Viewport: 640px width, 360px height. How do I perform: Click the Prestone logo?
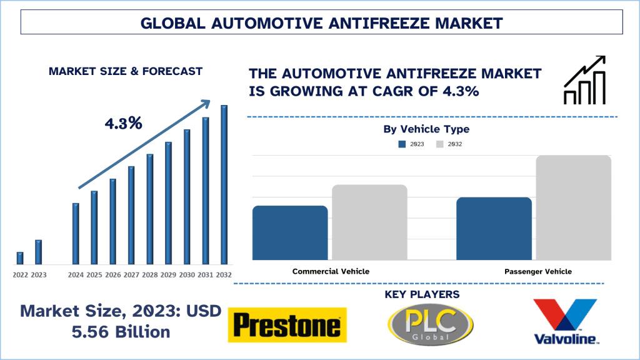pyautogui.click(x=287, y=326)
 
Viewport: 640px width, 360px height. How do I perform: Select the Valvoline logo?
pyautogui.click(x=566, y=322)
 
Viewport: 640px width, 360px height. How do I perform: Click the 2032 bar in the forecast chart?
pyautogui.click(x=224, y=184)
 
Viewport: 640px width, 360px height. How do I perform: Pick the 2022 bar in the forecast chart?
pyautogui.click(x=20, y=257)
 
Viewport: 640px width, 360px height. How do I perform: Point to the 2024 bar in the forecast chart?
pyautogui.click(x=76, y=233)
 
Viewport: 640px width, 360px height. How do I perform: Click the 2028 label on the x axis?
pyautogui.click(x=150, y=275)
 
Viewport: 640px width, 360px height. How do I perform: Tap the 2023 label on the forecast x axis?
pyautogui.click(x=39, y=275)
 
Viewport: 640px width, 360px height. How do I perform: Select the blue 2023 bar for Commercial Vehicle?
pyautogui.click(x=290, y=232)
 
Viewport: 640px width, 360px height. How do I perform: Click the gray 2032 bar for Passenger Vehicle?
pyautogui.click(x=573, y=207)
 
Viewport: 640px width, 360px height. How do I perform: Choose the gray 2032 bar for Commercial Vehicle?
pyautogui.click(x=369, y=222)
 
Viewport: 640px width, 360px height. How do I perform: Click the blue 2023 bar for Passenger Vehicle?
pyautogui.click(x=494, y=228)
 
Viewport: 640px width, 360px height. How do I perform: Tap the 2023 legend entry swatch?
pyautogui.click(x=402, y=144)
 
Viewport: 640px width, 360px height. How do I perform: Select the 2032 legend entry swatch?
pyautogui.click(x=440, y=144)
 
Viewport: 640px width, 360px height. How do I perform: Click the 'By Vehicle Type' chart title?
pyautogui.click(x=426, y=129)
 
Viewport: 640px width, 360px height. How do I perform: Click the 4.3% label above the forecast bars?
pyautogui.click(x=123, y=123)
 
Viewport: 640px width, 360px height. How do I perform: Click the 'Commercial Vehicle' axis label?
pyautogui.click(x=331, y=272)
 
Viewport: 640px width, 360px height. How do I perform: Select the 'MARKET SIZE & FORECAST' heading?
pyautogui.click(x=126, y=71)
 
